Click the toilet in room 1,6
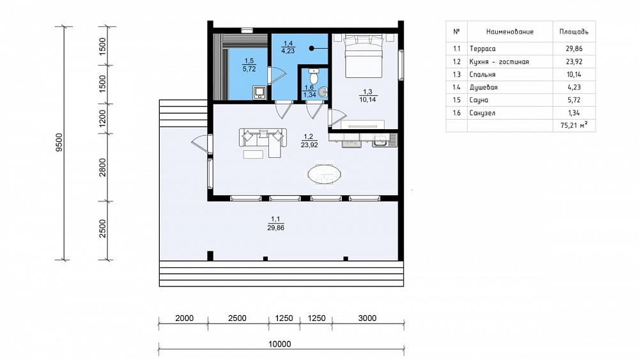313,76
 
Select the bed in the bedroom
364,56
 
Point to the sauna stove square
259,93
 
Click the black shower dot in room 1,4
312,48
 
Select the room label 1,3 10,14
367,96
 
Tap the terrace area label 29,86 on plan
276,228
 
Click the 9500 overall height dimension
59,143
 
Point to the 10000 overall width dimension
280,344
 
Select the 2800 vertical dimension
102,167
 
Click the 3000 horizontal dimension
367,318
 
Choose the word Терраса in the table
482,49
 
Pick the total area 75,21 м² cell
574,125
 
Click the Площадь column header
574,32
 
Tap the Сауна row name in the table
479,100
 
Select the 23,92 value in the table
574,62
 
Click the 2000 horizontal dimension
184,318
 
